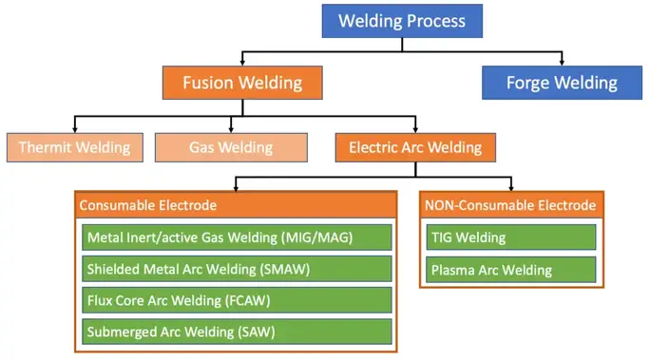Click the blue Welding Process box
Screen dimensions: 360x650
tap(402, 21)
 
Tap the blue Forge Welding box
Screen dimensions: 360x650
tap(562, 83)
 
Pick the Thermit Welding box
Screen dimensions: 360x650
tap(75, 147)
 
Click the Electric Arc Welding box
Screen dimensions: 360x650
tap(415, 147)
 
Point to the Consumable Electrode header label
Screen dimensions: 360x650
tap(148, 205)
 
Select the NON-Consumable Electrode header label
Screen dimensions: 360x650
tap(510, 205)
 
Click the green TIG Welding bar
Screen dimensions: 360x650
tap(510, 237)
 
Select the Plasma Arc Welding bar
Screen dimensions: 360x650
tap(510, 270)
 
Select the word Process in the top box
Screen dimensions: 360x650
tap(434, 21)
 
